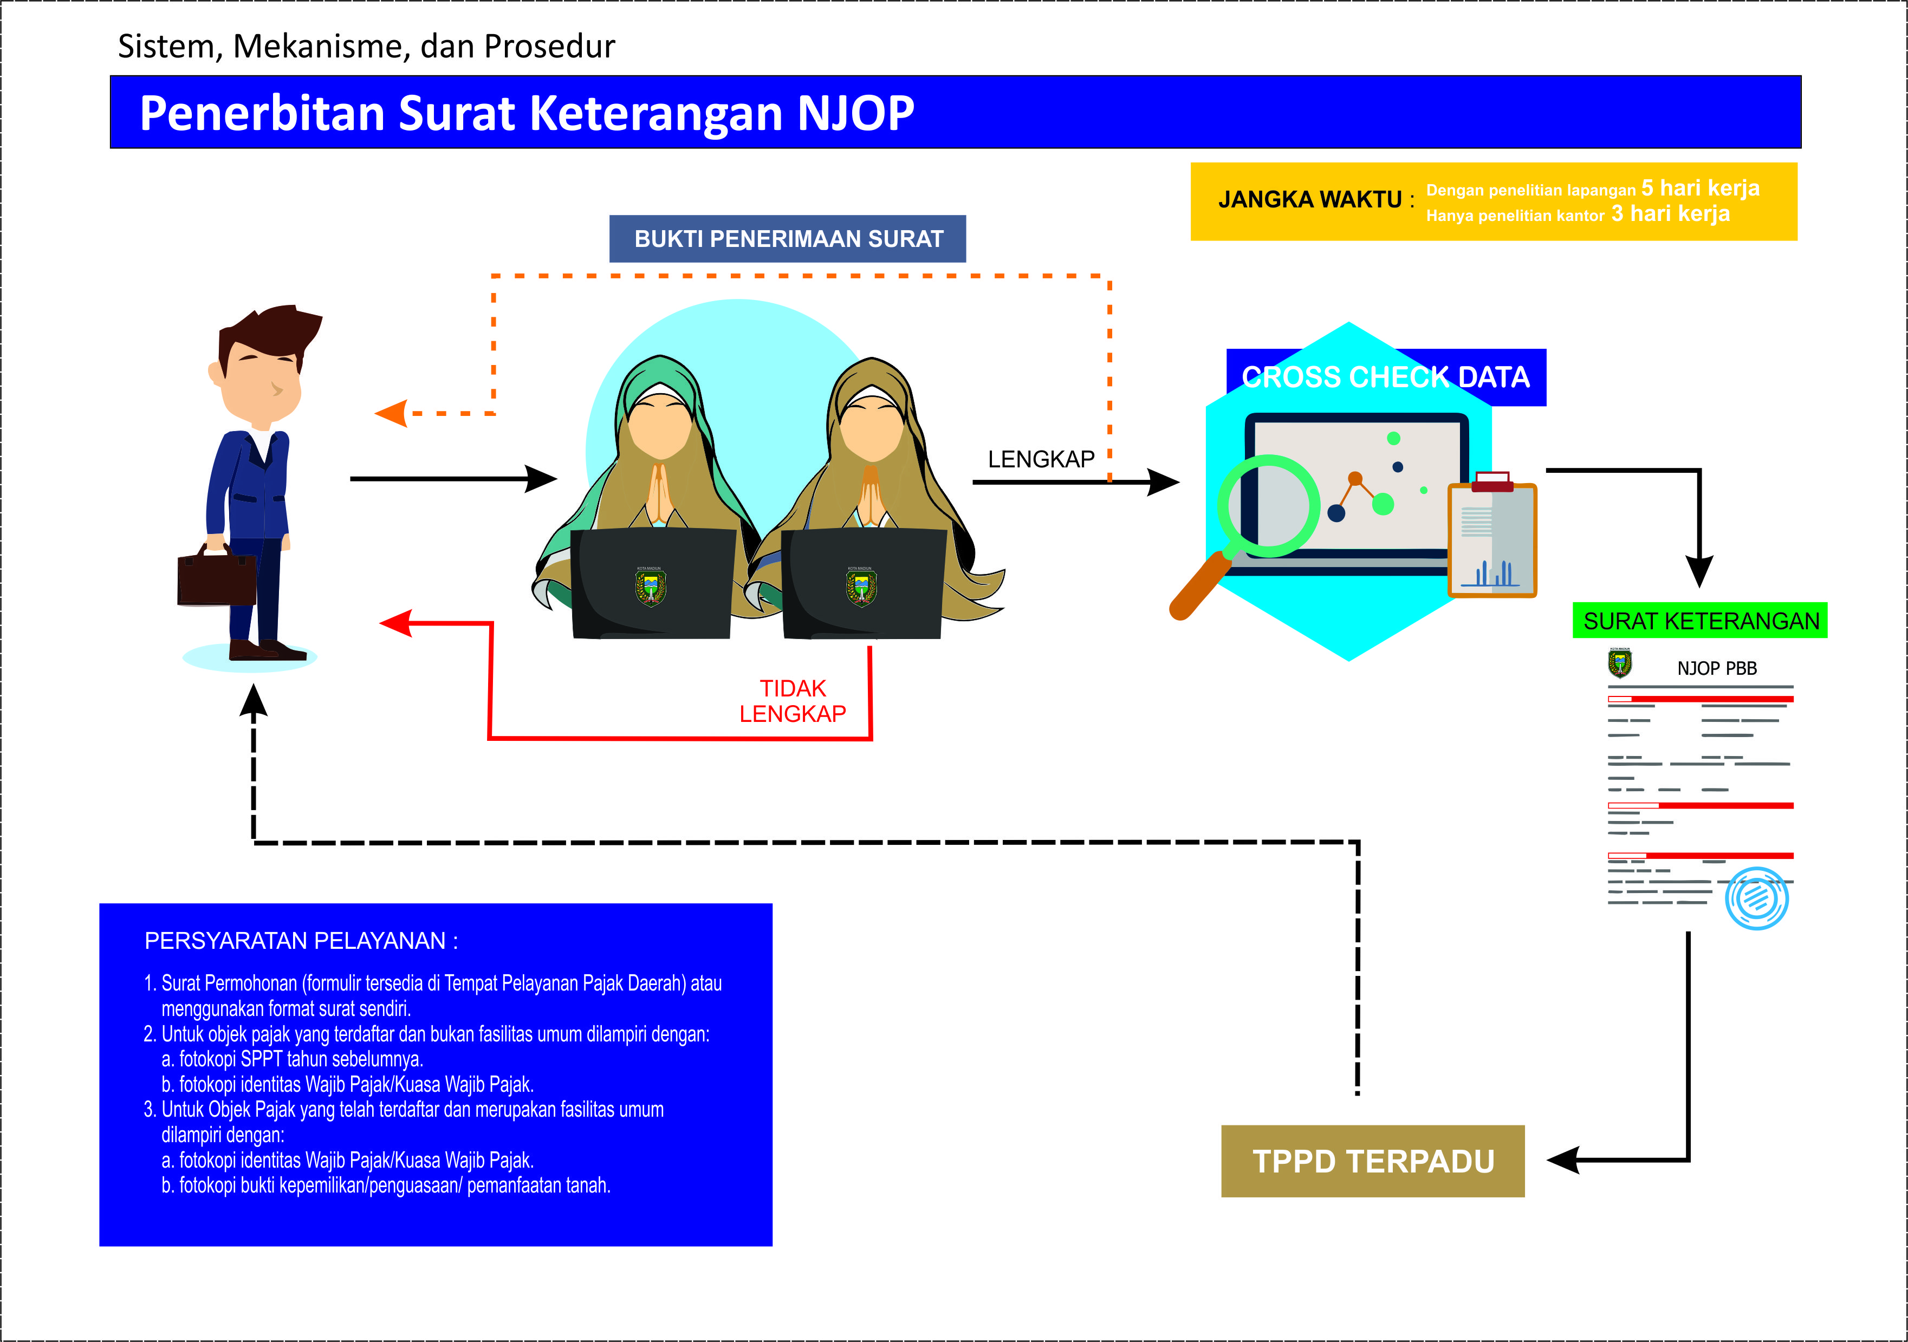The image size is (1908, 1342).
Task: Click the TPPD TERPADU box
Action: pos(1372,1161)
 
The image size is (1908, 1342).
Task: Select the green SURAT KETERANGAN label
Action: pos(1701,621)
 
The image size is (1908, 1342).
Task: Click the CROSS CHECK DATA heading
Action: pos(1385,377)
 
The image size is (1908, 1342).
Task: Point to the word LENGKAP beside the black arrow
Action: pos(1041,460)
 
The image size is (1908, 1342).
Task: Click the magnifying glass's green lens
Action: pos(1269,506)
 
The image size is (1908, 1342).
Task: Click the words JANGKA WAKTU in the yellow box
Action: pos(1310,200)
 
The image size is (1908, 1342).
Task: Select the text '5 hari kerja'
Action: pos(1701,188)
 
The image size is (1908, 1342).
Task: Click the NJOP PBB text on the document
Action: pos(1716,668)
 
